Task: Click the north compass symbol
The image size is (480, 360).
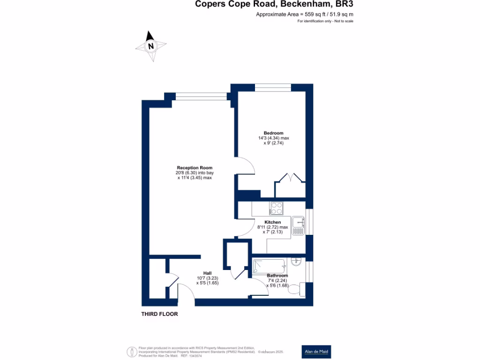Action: pyautogui.click(x=151, y=46)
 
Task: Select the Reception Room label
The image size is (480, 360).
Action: pyautogui.click(x=195, y=168)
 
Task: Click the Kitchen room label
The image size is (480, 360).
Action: pyautogui.click(x=273, y=222)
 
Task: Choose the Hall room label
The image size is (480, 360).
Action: pyautogui.click(x=207, y=273)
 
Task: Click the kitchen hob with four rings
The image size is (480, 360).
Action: pyautogui.click(x=276, y=208)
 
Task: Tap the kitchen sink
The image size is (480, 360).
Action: pyautogui.click(x=298, y=226)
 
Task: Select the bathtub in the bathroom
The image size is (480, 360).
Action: pyautogui.click(x=269, y=266)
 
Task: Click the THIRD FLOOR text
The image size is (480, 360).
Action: pyautogui.click(x=160, y=314)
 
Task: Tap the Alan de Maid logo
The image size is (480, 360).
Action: pyautogui.click(x=317, y=352)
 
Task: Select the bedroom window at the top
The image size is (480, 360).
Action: pyautogui.click(x=272, y=87)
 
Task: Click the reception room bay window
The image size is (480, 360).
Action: pyautogui.click(x=201, y=96)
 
